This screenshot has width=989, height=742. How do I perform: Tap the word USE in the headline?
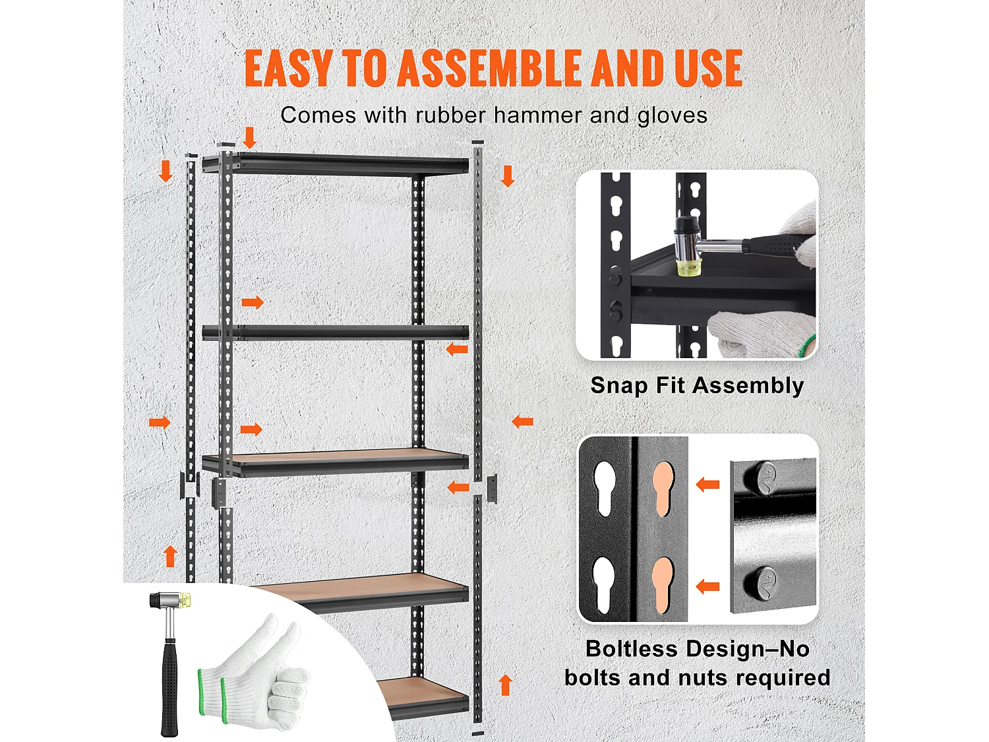coord(708,68)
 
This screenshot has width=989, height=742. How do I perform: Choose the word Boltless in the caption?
coord(631,649)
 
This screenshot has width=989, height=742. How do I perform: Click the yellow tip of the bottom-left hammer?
coord(185,600)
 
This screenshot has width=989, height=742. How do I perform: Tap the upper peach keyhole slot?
coord(663,489)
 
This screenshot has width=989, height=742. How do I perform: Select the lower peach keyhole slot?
coord(663,585)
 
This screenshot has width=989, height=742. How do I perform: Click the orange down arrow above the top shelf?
coord(249,138)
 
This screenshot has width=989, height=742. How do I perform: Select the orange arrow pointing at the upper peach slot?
coord(707,485)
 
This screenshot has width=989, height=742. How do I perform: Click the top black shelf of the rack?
coord(336,164)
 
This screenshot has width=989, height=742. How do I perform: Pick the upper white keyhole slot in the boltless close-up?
coord(605,489)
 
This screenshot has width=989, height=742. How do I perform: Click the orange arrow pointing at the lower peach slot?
coord(707,586)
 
